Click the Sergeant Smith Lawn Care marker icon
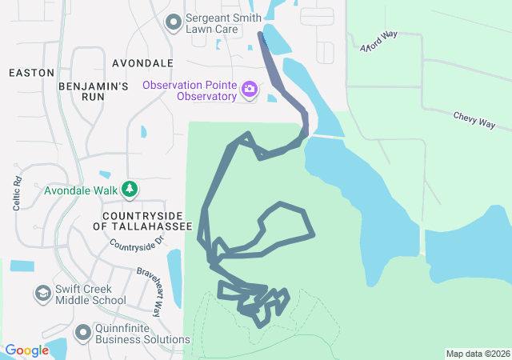click(172, 22)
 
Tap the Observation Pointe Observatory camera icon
click(250, 89)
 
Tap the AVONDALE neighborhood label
click(143, 62)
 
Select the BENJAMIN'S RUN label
click(94, 90)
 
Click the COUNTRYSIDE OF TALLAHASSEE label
click(143, 222)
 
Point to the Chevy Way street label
click(474, 120)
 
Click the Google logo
click(26, 350)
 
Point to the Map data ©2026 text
click(478, 354)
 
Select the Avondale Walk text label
click(81, 190)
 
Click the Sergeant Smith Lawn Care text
click(218, 22)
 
